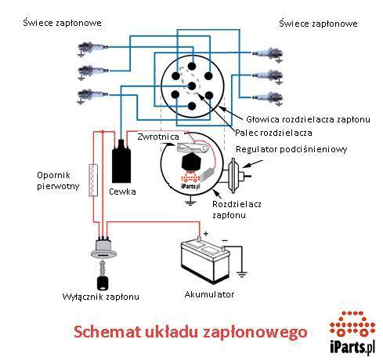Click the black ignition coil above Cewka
121,162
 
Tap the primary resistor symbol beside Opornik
93,180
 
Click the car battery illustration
205,260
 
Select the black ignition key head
103,283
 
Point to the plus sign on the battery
206,233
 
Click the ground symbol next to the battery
242,274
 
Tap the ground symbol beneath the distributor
190,202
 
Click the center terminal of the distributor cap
192,86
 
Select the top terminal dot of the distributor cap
192,66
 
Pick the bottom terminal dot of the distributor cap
192,106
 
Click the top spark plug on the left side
92,48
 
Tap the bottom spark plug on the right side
268,98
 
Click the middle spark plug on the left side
93,71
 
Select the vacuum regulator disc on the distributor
232,176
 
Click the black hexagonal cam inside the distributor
191,161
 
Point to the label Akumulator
209,294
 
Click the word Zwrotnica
158,137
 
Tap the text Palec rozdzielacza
273,133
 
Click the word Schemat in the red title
107,332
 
